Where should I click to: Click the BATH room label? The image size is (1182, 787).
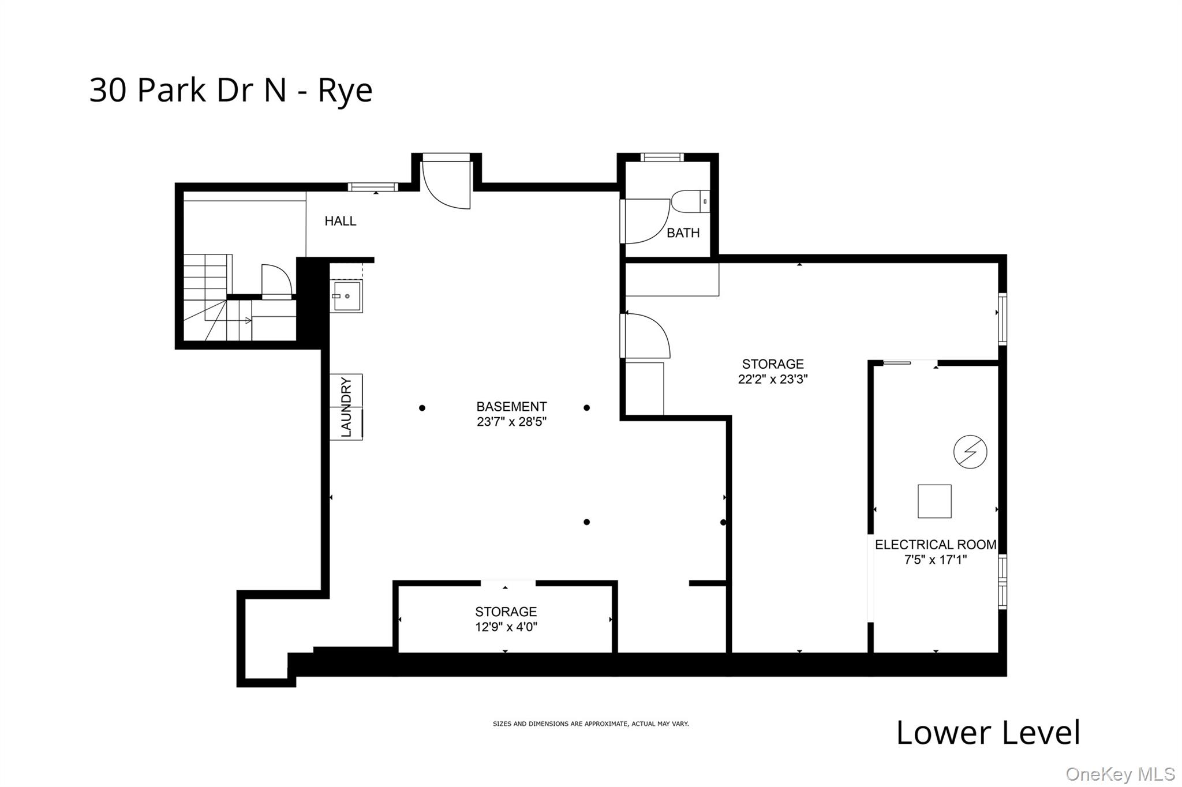pyautogui.click(x=683, y=233)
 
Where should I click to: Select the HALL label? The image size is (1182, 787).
pyautogui.click(x=340, y=221)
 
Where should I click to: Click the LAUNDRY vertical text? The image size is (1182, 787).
pyautogui.click(x=346, y=407)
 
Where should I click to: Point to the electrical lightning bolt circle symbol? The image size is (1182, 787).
pyautogui.click(x=970, y=452)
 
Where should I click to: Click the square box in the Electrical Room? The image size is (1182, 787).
pyautogui.click(x=934, y=501)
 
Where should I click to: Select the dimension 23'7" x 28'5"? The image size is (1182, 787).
pyautogui.click(x=511, y=422)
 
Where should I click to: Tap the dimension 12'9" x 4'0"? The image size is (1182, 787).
pyautogui.click(x=506, y=627)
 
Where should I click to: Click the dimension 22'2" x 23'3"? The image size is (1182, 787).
pyautogui.click(x=773, y=380)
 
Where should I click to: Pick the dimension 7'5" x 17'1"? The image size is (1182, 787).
pyautogui.click(x=935, y=560)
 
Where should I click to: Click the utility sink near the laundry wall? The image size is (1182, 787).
pyautogui.click(x=346, y=296)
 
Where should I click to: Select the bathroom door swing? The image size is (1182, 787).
pyautogui.click(x=645, y=222)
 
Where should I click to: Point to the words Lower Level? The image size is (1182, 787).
pyautogui.click(x=988, y=733)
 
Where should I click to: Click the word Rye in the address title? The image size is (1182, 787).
pyautogui.click(x=345, y=91)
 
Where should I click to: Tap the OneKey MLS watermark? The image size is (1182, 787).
pyautogui.click(x=1120, y=774)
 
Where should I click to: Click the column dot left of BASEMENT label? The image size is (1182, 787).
pyautogui.click(x=422, y=408)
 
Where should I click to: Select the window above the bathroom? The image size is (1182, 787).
pyautogui.click(x=661, y=157)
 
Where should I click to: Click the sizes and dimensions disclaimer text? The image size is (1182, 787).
pyautogui.click(x=590, y=724)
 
